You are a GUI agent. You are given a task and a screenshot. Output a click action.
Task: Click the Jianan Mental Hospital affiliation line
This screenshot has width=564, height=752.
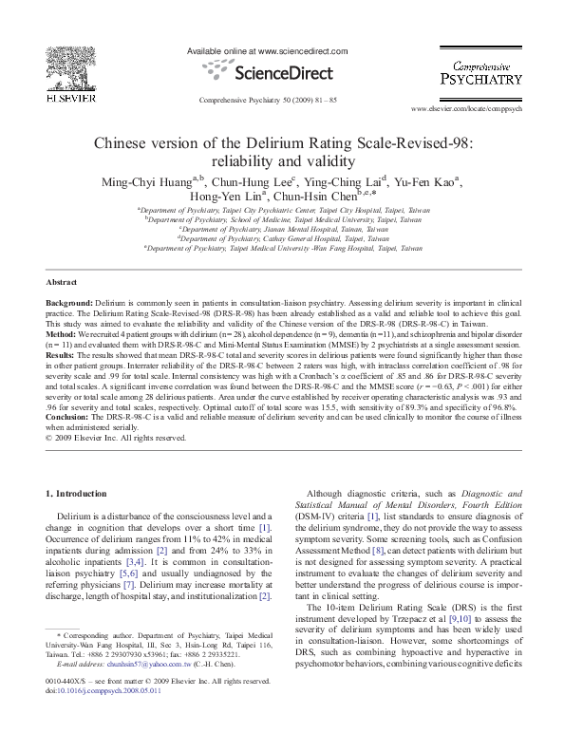coord(283,229)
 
